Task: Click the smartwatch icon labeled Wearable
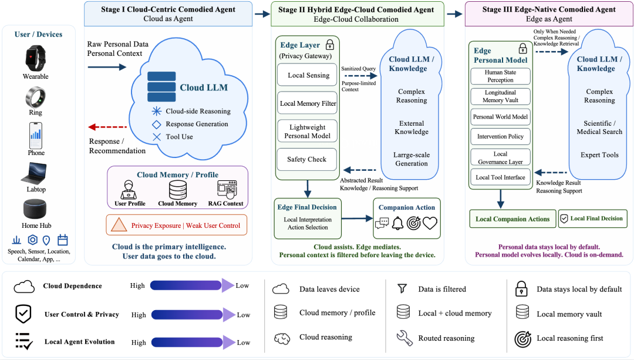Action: [x=36, y=58]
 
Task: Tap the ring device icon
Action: [x=36, y=97]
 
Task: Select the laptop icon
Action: [x=34, y=173]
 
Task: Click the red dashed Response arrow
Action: [x=107, y=127]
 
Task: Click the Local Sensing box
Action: [x=307, y=75]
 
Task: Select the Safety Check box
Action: [x=307, y=159]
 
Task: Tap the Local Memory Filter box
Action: [x=307, y=103]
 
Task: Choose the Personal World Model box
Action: [x=500, y=117]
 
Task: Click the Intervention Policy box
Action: [x=500, y=136]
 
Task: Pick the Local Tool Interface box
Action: [x=500, y=177]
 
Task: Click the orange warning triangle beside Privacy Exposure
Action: [x=119, y=225]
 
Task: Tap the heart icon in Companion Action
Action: [x=430, y=223]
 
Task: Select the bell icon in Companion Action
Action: [x=397, y=223]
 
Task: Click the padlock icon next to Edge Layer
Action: [x=330, y=45]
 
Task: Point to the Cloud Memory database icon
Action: [x=177, y=189]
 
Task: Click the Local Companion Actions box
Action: [x=512, y=219]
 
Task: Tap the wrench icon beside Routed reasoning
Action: [x=404, y=338]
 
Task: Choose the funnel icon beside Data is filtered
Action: [x=402, y=288]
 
